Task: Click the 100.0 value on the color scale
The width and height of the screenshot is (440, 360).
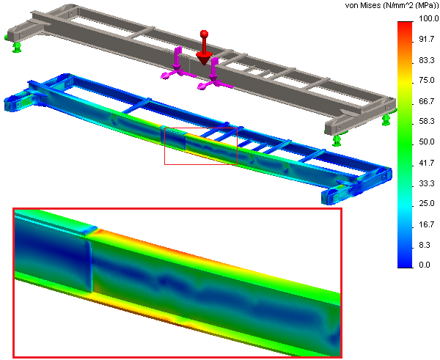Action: coord(428,19)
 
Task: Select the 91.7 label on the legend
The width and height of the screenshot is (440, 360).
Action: coord(427,40)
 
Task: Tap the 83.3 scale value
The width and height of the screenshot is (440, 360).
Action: coord(427,60)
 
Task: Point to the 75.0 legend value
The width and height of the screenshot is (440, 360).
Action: coord(427,80)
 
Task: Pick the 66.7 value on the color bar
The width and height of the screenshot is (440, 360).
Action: coord(427,101)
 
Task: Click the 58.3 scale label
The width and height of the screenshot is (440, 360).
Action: coord(427,121)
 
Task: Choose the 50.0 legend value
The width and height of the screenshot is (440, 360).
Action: coord(427,142)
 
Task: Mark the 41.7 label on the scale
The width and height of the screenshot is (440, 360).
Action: coord(427,163)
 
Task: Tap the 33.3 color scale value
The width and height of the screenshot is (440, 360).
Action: coord(427,183)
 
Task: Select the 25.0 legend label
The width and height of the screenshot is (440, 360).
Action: coord(427,203)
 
